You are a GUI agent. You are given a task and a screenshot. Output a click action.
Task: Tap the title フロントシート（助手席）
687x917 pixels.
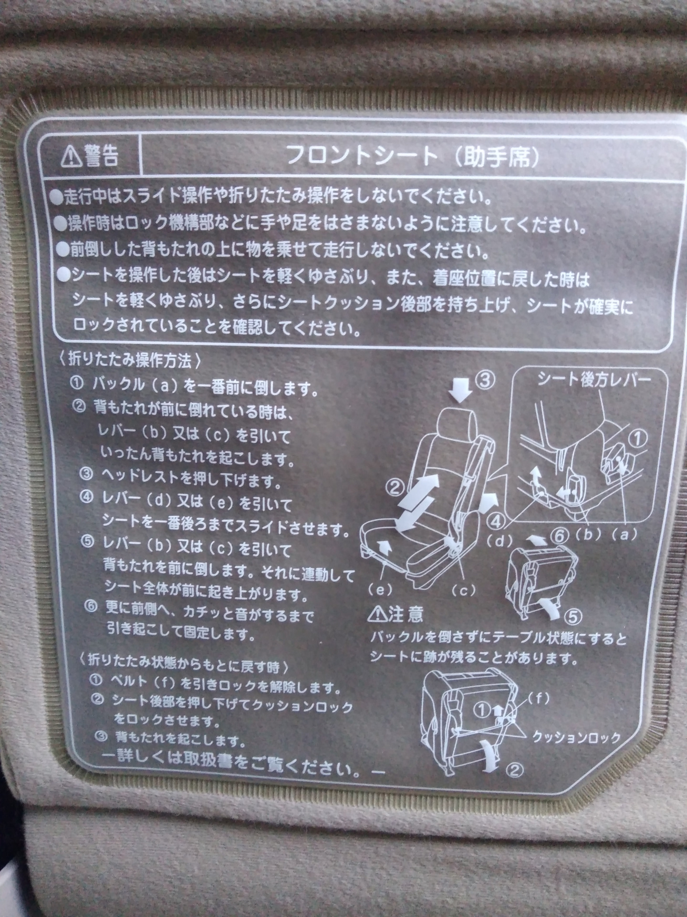coord(413,155)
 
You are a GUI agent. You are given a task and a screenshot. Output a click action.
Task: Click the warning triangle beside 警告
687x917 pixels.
coord(71,156)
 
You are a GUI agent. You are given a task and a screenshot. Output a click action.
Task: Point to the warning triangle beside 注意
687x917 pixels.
coord(377,614)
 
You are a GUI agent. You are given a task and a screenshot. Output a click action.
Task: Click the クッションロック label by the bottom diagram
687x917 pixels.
coord(576,737)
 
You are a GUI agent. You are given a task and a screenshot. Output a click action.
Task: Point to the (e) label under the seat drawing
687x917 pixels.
coord(380,590)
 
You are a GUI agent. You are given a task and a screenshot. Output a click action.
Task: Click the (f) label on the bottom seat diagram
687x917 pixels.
coord(538,699)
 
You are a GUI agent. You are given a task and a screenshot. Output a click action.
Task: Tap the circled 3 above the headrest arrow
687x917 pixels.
coord(485,381)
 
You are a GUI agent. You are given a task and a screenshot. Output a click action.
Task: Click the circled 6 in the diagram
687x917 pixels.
coord(559,536)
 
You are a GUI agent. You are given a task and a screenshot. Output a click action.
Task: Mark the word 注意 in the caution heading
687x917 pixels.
coord(406,614)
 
